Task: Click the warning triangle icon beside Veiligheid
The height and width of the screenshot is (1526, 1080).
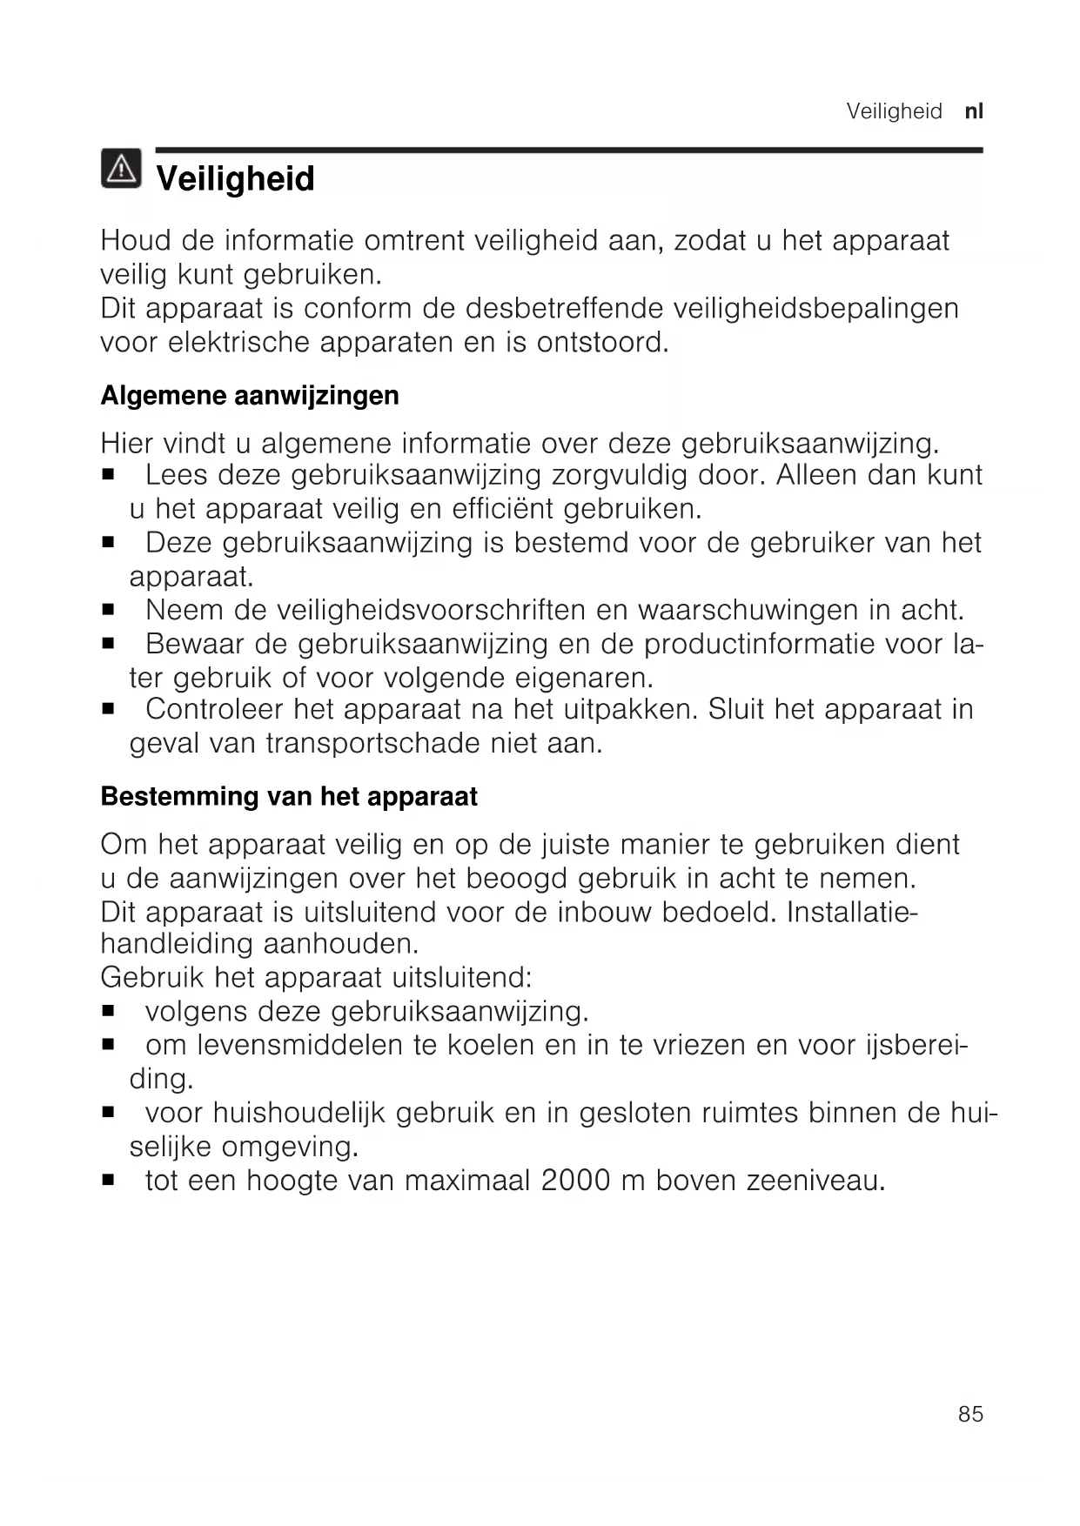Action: click(121, 169)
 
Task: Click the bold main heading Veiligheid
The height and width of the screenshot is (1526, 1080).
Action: click(235, 179)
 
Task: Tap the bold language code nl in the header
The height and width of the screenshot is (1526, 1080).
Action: click(974, 111)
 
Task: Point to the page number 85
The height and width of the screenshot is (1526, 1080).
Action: click(970, 1415)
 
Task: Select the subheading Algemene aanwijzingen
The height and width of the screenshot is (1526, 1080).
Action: click(250, 396)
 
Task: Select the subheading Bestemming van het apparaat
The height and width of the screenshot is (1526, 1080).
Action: click(289, 797)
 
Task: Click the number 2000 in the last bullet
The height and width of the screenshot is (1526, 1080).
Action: click(575, 1181)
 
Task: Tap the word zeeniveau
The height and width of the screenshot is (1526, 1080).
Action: click(815, 1181)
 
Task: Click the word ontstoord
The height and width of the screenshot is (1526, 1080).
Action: click(602, 342)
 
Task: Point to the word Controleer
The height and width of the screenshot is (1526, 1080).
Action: click(214, 710)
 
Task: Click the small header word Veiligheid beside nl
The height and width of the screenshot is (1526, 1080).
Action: click(894, 111)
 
